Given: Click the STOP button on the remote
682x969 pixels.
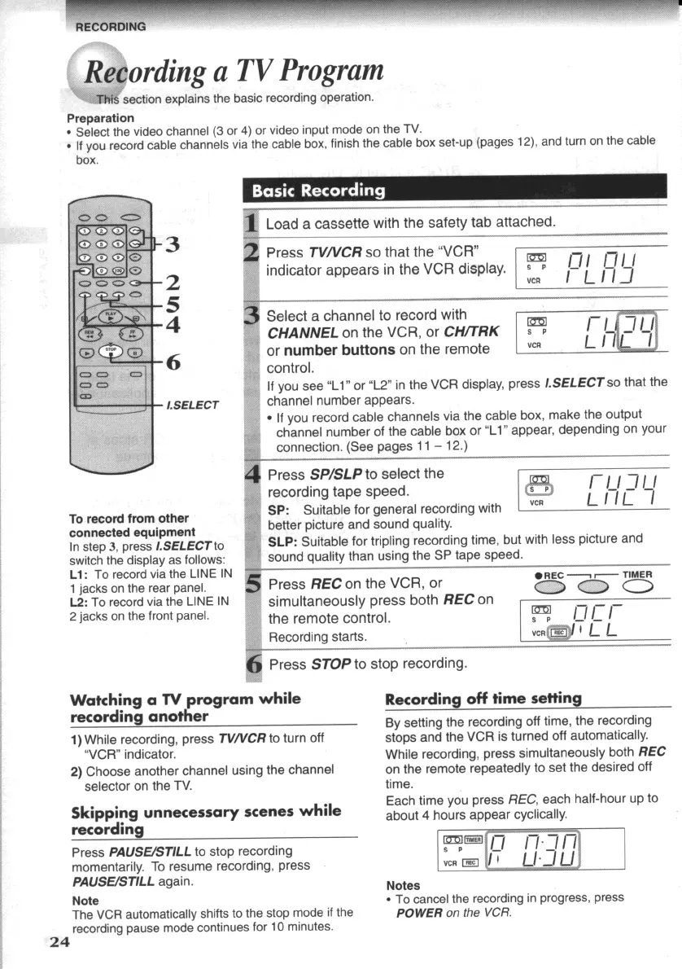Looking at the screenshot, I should tap(112, 351).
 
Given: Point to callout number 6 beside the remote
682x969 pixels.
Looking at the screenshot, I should tap(172, 363).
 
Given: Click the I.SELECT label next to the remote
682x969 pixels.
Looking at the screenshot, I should tap(193, 405).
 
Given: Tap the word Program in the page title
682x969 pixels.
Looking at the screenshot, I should tap(332, 71).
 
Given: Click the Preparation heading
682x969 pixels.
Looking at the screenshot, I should tap(100, 118).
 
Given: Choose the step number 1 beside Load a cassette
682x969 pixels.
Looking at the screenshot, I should tap(252, 222).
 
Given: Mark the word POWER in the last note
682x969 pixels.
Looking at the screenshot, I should tap(421, 913).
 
